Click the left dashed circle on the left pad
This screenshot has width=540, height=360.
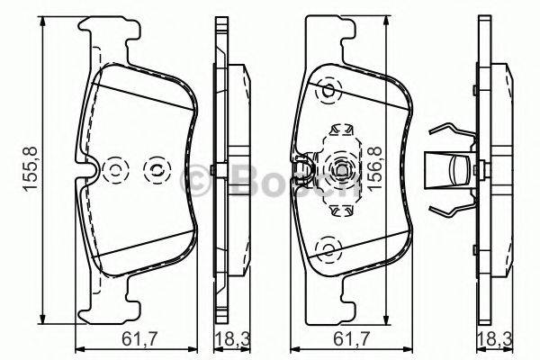tap(115, 168)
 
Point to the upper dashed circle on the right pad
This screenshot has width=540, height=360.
tap(328, 90)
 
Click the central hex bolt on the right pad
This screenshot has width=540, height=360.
tap(342, 169)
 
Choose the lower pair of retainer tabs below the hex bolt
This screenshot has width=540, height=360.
tap(341, 210)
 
